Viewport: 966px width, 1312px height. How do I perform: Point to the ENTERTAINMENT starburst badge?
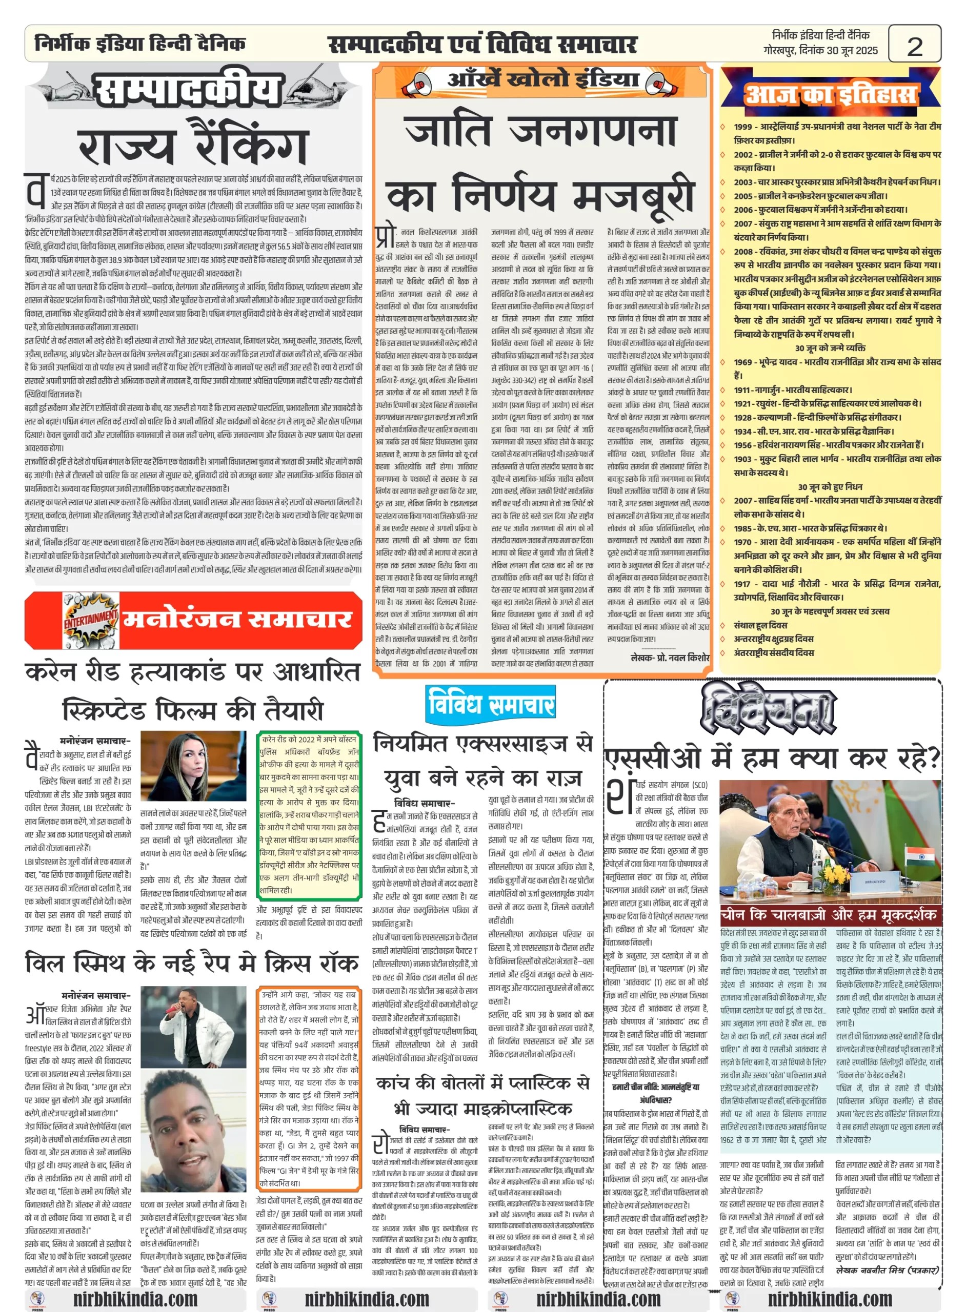[91, 620]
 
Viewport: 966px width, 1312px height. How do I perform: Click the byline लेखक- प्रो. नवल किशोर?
[670, 658]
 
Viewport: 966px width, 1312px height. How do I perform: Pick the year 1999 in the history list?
[743, 126]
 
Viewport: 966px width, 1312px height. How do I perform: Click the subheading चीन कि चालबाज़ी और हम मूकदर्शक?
[829, 914]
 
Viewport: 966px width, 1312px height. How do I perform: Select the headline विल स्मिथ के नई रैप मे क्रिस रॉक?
[192, 962]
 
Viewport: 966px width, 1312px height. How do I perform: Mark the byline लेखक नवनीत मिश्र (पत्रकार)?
[887, 1269]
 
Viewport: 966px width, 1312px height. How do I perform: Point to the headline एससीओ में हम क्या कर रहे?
[772, 758]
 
